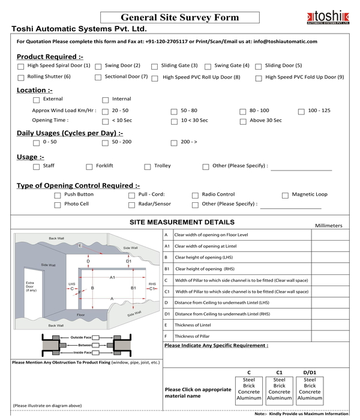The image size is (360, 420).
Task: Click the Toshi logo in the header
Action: (x=323, y=16)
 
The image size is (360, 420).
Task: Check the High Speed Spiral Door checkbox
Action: (x=21, y=66)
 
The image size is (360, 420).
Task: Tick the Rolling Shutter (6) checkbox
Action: (x=21, y=77)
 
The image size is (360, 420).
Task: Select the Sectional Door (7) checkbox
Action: (x=98, y=77)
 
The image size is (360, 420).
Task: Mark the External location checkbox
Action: (x=37, y=100)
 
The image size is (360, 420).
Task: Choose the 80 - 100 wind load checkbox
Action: (x=243, y=112)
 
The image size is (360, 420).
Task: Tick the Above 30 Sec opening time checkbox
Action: (x=243, y=121)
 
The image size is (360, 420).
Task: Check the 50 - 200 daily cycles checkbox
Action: (x=105, y=143)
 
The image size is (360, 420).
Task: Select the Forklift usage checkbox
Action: (x=89, y=167)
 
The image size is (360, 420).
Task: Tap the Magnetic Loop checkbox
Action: (x=286, y=195)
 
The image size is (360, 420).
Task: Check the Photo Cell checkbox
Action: (x=58, y=205)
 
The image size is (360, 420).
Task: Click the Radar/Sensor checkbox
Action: (x=132, y=205)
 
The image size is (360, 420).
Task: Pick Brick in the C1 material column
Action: (x=279, y=385)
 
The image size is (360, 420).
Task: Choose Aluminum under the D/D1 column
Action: (x=310, y=398)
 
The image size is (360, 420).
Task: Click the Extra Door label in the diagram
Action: (x=32, y=287)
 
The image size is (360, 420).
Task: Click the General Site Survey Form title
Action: (x=180, y=17)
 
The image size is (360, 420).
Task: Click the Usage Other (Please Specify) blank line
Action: (x=301, y=169)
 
